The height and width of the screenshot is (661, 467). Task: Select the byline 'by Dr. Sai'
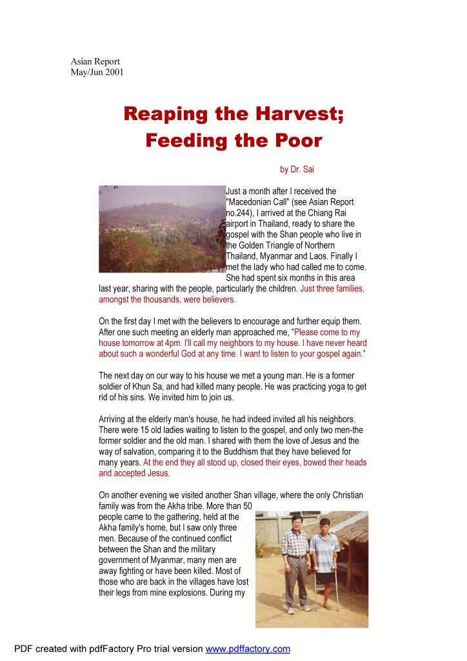297,170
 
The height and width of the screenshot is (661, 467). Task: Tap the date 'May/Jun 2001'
97,72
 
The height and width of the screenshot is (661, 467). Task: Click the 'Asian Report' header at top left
95,61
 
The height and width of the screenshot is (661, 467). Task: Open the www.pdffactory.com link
248,649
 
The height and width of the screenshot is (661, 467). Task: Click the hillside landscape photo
161,229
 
